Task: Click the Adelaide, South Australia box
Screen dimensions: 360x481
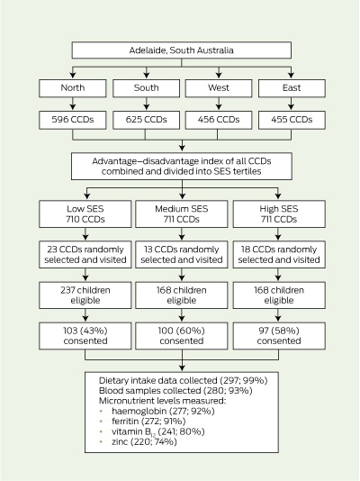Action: click(182, 50)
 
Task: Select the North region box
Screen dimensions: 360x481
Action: click(73, 88)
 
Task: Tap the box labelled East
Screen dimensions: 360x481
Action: click(292, 88)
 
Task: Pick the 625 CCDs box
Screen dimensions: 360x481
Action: click(146, 120)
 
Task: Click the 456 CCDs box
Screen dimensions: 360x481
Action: click(219, 120)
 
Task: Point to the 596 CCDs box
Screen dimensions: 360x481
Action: click(73, 120)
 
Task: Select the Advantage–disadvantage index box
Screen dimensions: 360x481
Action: click(182, 167)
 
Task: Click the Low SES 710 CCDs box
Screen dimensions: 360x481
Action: click(85, 214)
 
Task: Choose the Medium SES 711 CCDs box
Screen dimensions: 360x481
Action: click(182, 214)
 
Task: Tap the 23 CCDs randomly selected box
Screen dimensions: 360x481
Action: click(85, 255)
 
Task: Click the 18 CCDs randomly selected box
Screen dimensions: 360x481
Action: click(279, 255)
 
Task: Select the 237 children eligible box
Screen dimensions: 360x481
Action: click(85, 295)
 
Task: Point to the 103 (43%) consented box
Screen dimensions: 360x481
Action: click(85, 336)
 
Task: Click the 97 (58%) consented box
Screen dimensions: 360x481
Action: click(279, 336)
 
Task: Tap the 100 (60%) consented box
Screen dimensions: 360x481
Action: click(182, 336)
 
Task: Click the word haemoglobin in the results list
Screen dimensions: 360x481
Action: click(139, 412)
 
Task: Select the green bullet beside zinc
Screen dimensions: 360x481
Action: click(101, 442)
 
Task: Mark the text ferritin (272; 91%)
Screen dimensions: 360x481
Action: click(148, 422)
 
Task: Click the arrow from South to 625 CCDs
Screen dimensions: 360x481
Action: click(147, 104)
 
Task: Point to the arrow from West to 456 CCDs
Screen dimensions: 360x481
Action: click(219, 104)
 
